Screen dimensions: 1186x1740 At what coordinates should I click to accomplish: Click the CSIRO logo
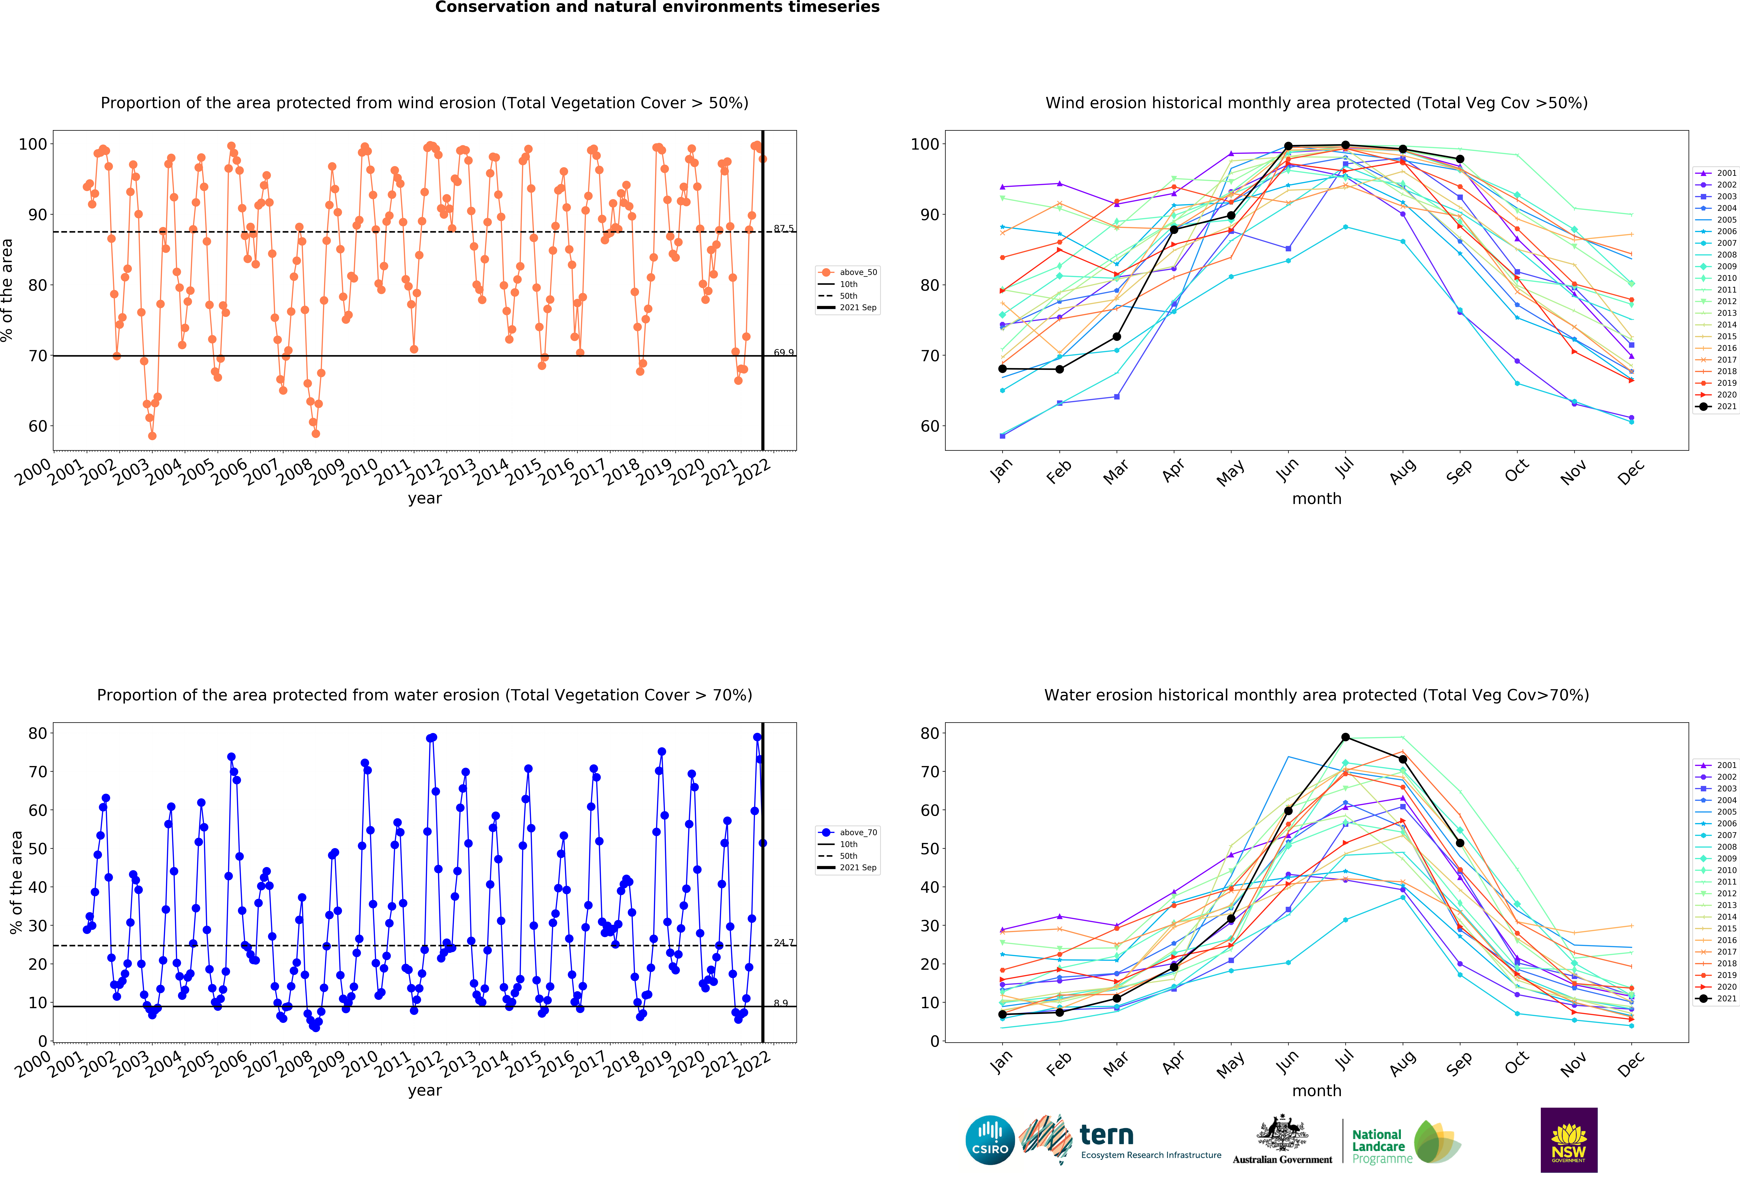[990, 1140]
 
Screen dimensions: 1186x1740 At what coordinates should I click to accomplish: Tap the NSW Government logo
[1568, 1140]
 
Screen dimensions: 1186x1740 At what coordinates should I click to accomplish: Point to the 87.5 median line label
[783, 228]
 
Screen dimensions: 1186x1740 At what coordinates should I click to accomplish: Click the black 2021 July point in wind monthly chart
[1346, 145]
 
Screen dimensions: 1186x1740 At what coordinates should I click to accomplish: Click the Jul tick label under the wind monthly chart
[1346, 468]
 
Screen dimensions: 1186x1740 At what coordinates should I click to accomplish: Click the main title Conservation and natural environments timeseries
[657, 7]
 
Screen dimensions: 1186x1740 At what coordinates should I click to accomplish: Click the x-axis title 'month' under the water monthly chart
[1316, 1091]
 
